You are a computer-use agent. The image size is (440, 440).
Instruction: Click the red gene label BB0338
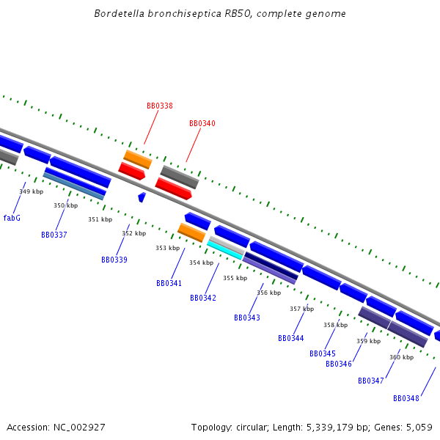click(160, 106)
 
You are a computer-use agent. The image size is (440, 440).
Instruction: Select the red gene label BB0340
click(202, 123)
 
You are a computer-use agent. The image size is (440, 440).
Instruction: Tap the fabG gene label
click(12, 218)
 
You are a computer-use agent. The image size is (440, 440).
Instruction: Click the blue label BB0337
click(54, 235)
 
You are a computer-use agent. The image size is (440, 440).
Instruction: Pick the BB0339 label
click(114, 260)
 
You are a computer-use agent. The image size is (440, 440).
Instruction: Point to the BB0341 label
click(169, 283)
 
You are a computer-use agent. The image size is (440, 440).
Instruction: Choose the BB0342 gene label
click(203, 298)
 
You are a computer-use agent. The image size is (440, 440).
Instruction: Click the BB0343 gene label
click(247, 318)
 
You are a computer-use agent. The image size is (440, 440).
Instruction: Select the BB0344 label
click(291, 338)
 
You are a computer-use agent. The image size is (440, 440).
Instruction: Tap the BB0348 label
click(406, 398)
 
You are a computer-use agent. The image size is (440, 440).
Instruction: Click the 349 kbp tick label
click(31, 191)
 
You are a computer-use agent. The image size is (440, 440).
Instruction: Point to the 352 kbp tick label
click(133, 233)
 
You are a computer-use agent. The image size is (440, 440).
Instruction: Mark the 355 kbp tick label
click(235, 278)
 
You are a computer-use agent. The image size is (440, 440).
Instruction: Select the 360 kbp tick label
click(401, 357)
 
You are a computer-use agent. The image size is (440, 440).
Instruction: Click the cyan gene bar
click(224, 250)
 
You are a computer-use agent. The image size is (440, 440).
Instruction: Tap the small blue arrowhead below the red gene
click(142, 197)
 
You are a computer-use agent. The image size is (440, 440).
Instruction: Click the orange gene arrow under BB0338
click(137, 159)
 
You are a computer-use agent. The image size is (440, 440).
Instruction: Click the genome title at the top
click(220, 14)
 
